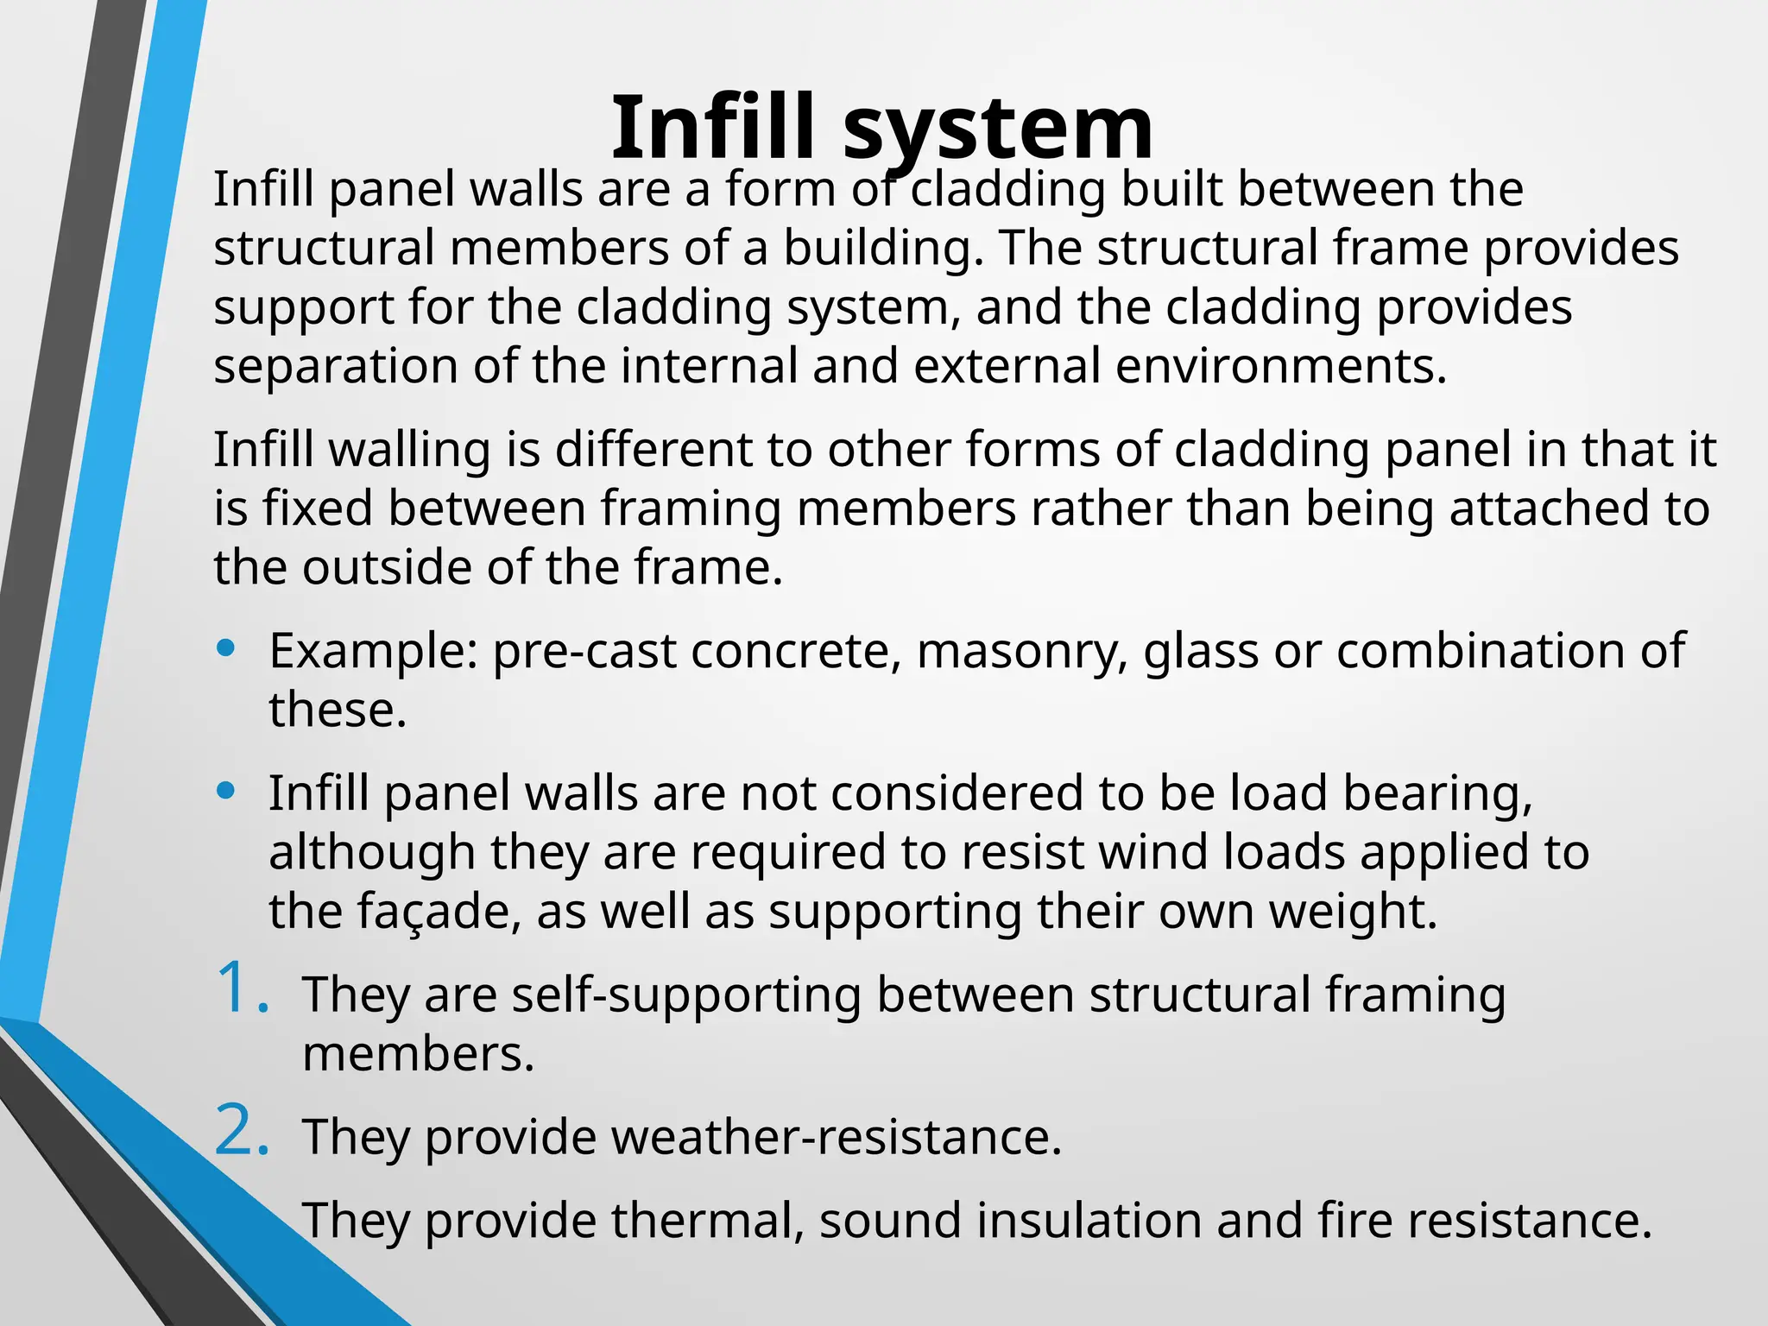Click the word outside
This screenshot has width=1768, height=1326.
(386, 567)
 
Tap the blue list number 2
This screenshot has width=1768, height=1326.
(242, 1130)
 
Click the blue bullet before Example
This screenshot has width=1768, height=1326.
(226, 648)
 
